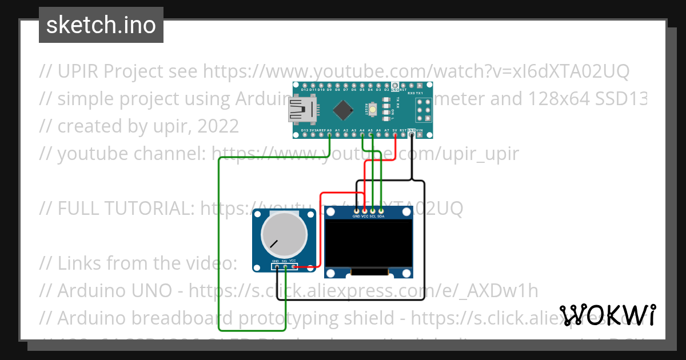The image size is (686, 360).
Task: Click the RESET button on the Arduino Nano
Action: (373, 109)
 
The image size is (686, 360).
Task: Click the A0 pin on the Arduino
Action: (329, 135)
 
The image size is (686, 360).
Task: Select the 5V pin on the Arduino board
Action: (395, 135)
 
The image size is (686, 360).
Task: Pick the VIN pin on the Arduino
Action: (420, 135)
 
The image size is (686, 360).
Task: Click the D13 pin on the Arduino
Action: (305, 135)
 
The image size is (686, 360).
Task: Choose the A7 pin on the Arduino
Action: (387, 135)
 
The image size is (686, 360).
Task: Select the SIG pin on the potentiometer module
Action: (285, 266)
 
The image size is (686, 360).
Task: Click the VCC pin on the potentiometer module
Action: (293, 266)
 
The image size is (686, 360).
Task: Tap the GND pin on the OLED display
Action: (357, 211)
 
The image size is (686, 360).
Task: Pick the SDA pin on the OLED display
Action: (381, 211)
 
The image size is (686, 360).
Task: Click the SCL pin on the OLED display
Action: (373, 211)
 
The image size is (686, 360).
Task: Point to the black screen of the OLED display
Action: (368, 244)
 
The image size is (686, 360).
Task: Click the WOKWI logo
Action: (608, 315)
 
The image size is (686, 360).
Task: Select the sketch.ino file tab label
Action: (101, 25)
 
